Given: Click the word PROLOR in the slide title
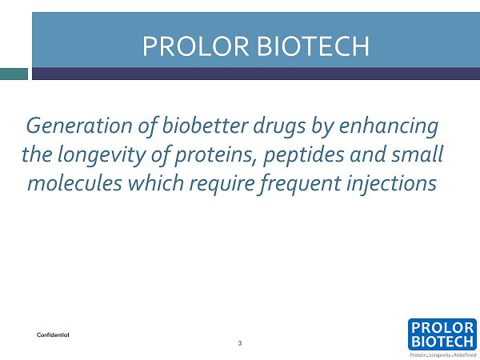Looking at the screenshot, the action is pyautogui.click(x=196, y=46).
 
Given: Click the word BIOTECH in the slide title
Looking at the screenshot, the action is pyautogui.click(x=313, y=46).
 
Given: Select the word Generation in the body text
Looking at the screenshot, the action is pyautogui.click(x=79, y=126).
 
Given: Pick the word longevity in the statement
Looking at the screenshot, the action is pyautogui.click(x=102, y=155).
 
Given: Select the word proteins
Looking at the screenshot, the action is pyautogui.click(x=215, y=155).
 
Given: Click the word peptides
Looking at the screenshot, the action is pyautogui.click(x=303, y=155).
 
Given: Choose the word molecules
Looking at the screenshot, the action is pyautogui.click(x=74, y=182).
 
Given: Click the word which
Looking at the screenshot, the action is pyautogui.click(x=156, y=182).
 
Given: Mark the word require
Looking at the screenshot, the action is pyautogui.click(x=222, y=184).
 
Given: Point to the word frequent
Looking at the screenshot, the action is pyautogui.click(x=300, y=184).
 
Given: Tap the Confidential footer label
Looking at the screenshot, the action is pyautogui.click(x=53, y=335).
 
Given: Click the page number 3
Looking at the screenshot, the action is pyautogui.click(x=240, y=343).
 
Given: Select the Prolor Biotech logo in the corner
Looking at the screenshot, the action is pyautogui.click(x=442, y=334).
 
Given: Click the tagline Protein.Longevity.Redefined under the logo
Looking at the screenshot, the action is pyautogui.click(x=443, y=355).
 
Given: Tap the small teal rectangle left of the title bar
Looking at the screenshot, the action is pyautogui.click(x=14, y=74).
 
